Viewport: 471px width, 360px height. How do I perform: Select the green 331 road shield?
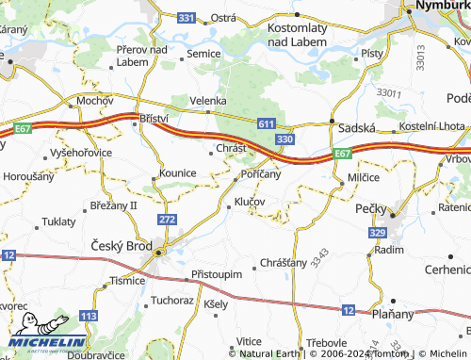point(187,18)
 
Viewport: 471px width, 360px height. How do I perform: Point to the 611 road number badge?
point(267,123)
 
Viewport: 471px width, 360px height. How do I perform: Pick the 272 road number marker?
point(168,220)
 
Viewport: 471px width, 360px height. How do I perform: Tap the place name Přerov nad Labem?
point(141,56)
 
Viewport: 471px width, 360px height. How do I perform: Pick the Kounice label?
point(177,173)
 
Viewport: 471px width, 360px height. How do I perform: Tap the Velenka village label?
point(208,100)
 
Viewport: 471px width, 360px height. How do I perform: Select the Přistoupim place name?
point(217,273)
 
